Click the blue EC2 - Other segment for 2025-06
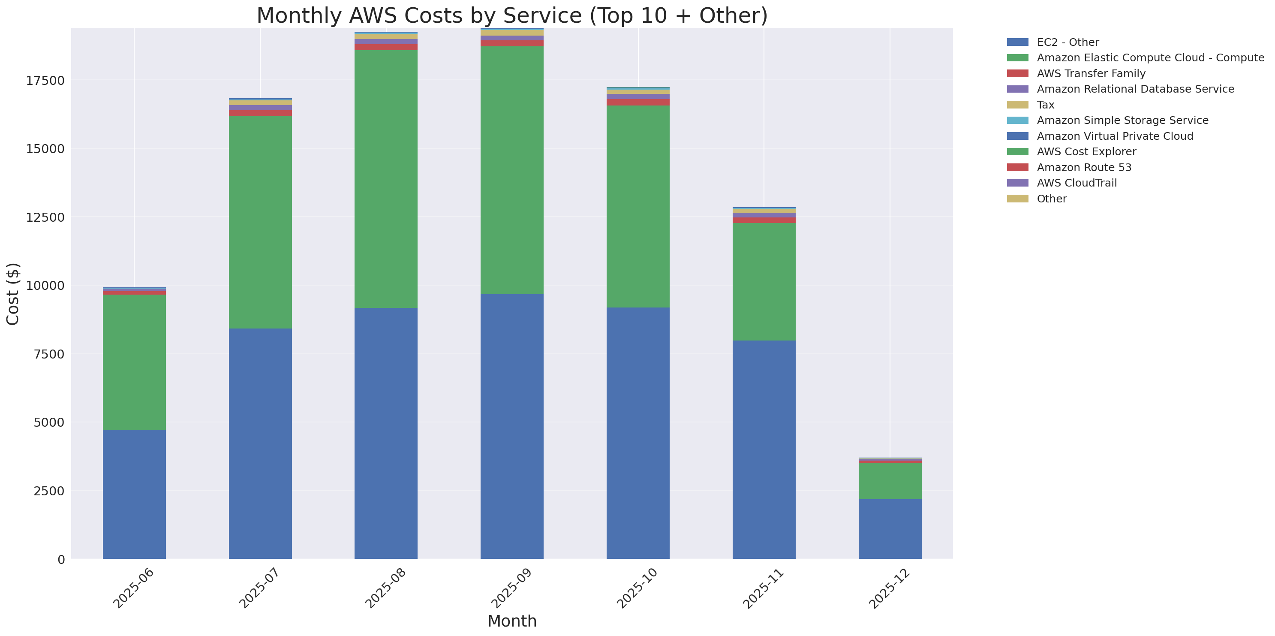click(134, 494)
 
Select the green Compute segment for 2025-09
click(512, 170)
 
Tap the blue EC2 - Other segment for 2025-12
click(890, 529)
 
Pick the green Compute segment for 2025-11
click(764, 282)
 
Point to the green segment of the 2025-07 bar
click(260, 222)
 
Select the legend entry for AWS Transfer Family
click(1091, 74)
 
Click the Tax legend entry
click(1045, 105)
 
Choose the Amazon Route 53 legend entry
click(1084, 167)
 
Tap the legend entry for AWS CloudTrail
click(1077, 183)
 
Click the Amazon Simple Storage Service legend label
click(1122, 120)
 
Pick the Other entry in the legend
click(1051, 199)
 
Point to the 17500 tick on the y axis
click(45, 81)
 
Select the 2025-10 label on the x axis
click(637, 588)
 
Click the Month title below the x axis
click(512, 621)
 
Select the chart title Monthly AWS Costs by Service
click(512, 15)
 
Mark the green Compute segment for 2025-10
click(637, 206)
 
